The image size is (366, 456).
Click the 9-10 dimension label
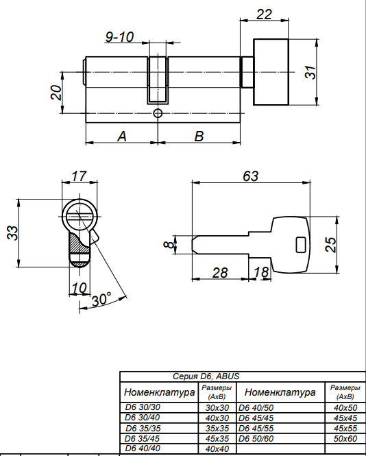pyautogui.click(x=119, y=37)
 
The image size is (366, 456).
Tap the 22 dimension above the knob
pyautogui.click(x=264, y=14)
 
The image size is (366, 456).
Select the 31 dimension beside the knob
pyautogui.click(x=310, y=72)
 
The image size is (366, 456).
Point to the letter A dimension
pyautogui.click(x=122, y=136)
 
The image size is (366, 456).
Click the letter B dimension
pyautogui.click(x=199, y=136)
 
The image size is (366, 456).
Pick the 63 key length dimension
pyautogui.click(x=250, y=176)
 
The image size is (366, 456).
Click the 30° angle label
pyautogui.click(x=101, y=299)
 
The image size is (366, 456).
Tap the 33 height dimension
pyautogui.click(x=12, y=233)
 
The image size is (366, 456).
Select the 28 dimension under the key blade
pyautogui.click(x=220, y=273)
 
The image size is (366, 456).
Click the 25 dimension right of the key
pyautogui.click(x=330, y=245)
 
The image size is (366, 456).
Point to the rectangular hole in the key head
pyautogui.click(x=301, y=245)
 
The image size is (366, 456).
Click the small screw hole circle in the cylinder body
pyautogui.click(x=158, y=113)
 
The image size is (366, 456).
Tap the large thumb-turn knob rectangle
pyautogui.click(x=271, y=72)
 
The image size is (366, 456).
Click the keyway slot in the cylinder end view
pyautogui.click(x=78, y=217)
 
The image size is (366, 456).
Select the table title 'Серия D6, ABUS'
pyautogui.click(x=206, y=376)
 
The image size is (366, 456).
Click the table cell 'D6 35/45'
pyautogui.click(x=142, y=438)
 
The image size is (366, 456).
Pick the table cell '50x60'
pyautogui.click(x=345, y=439)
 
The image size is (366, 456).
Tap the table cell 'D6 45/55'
pyautogui.click(x=256, y=429)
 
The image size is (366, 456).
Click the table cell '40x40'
pyautogui.click(x=217, y=448)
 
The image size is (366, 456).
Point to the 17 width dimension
pyautogui.click(x=79, y=176)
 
